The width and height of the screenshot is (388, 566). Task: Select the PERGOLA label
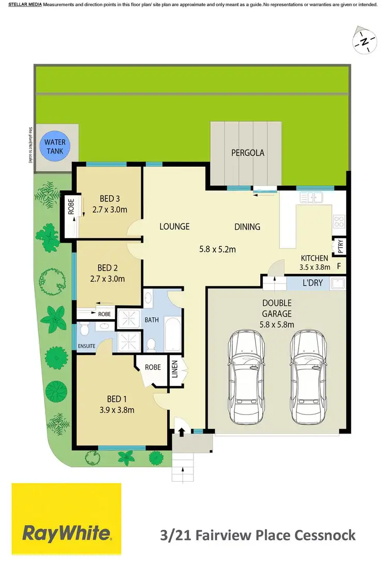(247, 153)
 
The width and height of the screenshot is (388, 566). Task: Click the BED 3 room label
(109, 199)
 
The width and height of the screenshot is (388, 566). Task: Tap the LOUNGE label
(174, 226)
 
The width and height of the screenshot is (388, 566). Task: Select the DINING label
(247, 227)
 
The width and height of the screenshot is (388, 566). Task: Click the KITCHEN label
(315, 258)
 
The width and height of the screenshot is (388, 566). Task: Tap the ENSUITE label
(86, 346)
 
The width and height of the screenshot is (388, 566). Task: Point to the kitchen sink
(312, 197)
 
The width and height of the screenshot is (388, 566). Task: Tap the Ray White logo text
(66, 533)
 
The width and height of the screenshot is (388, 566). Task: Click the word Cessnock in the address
(325, 534)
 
